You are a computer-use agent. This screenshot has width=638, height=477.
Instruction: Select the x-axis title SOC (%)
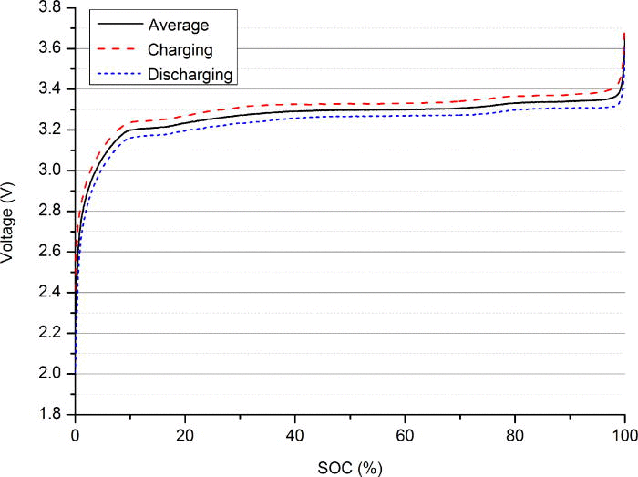[x=350, y=465]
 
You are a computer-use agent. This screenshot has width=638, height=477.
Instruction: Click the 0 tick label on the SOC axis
[x=75, y=434]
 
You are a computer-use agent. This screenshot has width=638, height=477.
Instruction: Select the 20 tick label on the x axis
[x=185, y=434]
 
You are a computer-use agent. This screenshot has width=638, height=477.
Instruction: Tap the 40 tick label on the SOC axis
[x=295, y=434]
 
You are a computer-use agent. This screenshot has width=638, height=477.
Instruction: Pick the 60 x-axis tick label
[x=405, y=434]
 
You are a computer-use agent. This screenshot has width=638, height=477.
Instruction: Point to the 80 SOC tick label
[x=515, y=434]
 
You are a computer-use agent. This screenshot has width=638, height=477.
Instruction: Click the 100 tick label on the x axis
[x=624, y=434]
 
